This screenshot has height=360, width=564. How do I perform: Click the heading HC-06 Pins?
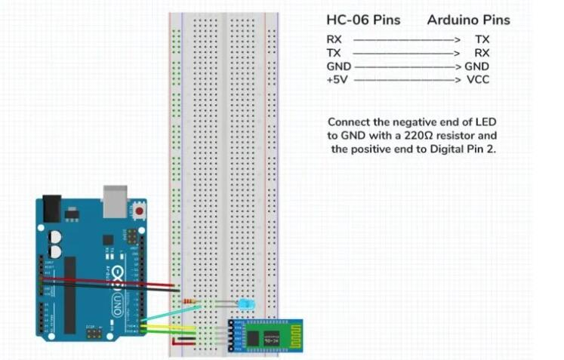363,20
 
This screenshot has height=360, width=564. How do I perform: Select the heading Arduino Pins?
468,20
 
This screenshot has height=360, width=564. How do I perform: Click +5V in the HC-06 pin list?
337,79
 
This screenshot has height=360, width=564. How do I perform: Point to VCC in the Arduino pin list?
479,79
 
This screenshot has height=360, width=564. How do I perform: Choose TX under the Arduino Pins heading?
482,38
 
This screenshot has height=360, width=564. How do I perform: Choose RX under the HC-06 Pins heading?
334,38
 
